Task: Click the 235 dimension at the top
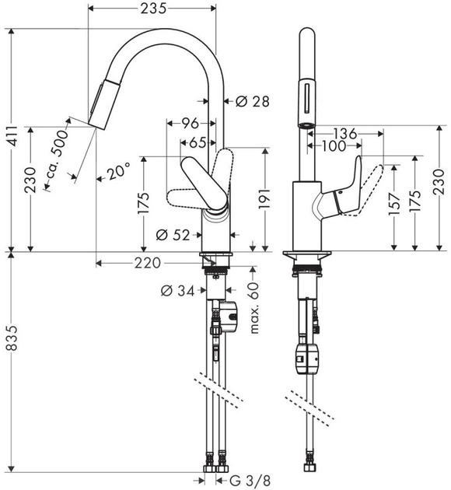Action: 153,9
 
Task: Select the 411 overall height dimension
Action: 13,136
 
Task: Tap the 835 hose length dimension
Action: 13,338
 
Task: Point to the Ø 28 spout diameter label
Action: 253,101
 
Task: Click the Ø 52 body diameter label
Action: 173,235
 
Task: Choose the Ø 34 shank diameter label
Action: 177,291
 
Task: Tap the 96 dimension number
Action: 191,124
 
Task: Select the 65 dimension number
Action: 198,143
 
